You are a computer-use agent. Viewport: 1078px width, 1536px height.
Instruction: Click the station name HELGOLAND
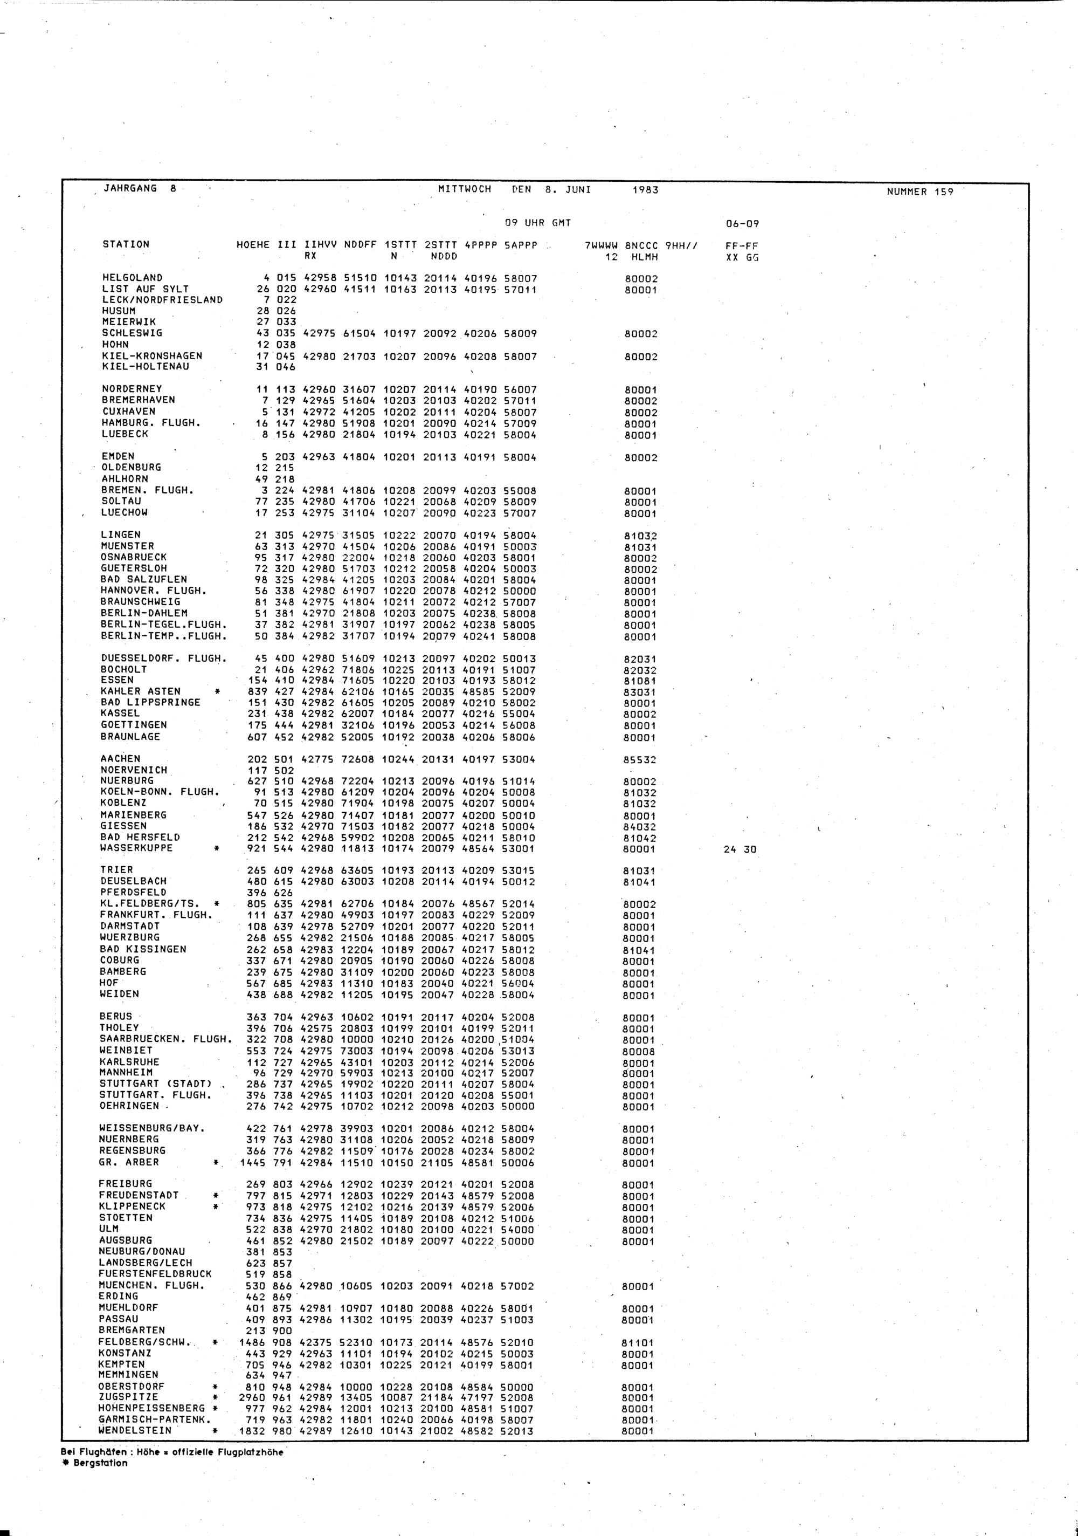(x=133, y=278)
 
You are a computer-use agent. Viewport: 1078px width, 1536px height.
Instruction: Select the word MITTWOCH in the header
(x=464, y=189)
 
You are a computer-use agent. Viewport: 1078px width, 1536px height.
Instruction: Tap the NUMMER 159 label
(x=920, y=192)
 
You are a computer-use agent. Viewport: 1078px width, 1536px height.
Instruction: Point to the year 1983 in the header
(x=645, y=190)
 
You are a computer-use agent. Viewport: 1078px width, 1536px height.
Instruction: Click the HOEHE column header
(x=253, y=245)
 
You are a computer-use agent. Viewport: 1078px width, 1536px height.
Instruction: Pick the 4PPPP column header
(x=480, y=245)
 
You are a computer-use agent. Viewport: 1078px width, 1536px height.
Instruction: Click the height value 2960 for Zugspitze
(x=252, y=1398)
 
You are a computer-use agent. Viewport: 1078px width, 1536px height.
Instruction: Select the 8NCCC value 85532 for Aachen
(x=640, y=760)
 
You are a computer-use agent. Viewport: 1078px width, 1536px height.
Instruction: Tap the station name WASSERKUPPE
(x=136, y=848)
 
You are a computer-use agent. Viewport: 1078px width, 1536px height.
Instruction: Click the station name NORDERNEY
(x=132, y=389)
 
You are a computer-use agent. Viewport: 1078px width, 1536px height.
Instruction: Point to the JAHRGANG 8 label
(x=139, y=189)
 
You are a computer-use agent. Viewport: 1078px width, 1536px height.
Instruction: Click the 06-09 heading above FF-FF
(x=742, y=224)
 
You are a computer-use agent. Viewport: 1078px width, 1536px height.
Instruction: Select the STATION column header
(x=126, y=244)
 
